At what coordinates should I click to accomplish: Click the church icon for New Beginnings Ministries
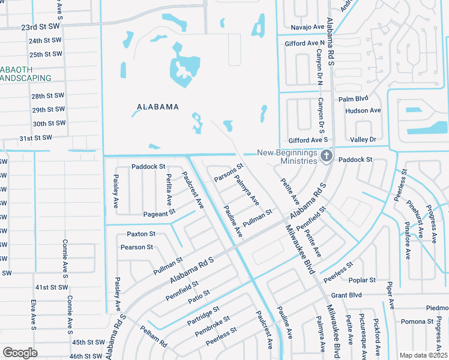tap(326, 157)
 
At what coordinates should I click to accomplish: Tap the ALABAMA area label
tap(158, 107)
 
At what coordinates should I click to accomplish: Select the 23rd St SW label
tap(41, 28)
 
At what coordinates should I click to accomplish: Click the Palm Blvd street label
tap(353, 99)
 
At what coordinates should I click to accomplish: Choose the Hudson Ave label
tap(363, 110)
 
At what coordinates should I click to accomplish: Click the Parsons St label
tap(229, 174)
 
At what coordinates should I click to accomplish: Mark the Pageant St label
tap(159, 212)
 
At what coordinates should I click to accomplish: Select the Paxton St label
tap(141, 233)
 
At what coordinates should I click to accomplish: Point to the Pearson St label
tap(136, 247)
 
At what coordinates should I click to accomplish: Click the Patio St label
tap(199, 296)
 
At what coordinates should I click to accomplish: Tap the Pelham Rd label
tap(154, 340)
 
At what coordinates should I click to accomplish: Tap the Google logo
tap(20, 353)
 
